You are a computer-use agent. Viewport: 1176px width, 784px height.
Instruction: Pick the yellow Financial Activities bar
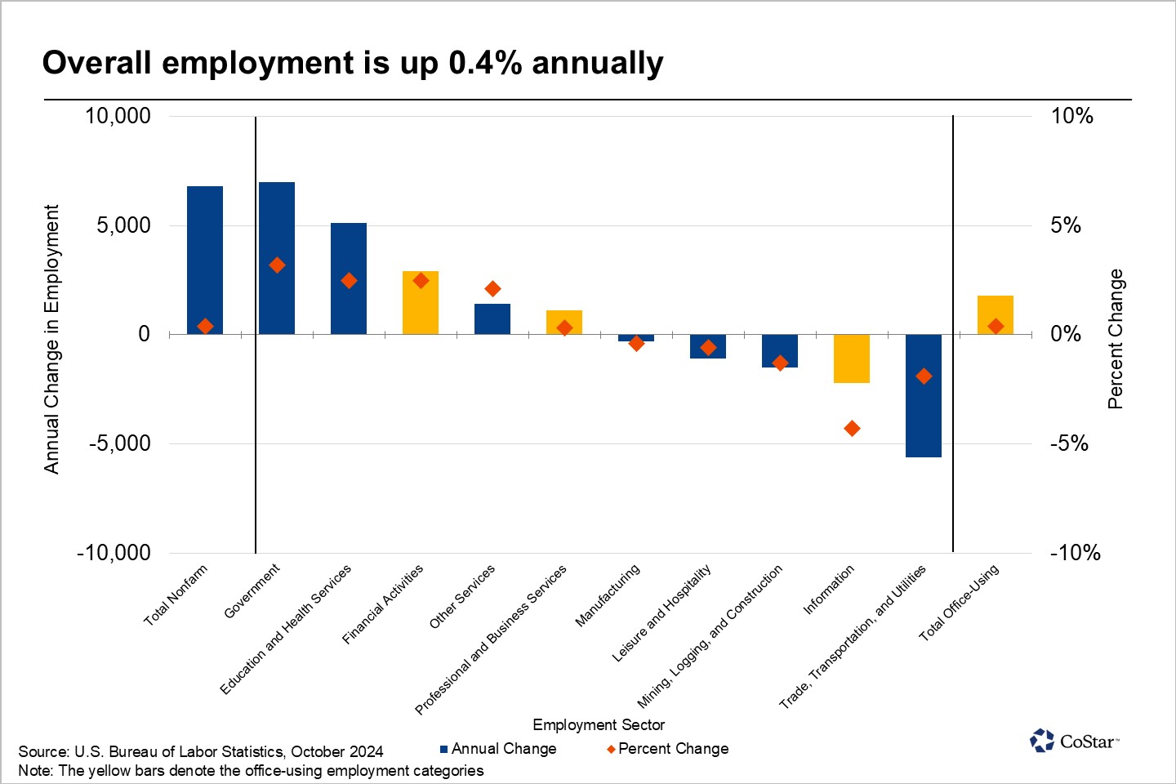pyautogui.click(x=421, y=310)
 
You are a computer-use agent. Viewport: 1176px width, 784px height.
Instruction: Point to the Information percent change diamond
pyautogui.click(x=852, y=428)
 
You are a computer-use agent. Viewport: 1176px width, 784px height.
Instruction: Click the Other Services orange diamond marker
pyautogui.click(x=492, y=288)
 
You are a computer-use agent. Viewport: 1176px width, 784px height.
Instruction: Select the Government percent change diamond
pyautogui.click(x=277, y=265)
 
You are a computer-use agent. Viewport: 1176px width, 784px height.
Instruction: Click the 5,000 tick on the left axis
pyautogui.click(x=124, y=225)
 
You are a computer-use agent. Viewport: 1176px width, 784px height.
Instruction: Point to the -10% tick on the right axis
pyautogui.click(x=1075, y=553)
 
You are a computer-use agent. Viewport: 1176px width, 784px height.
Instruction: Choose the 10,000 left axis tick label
pyautogui.click(x=118, y=116)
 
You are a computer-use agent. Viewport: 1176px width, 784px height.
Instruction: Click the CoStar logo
pyautogui.click(x=1074, y=741)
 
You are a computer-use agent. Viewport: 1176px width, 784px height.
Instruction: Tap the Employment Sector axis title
pyautogui.click(x=599, y=724)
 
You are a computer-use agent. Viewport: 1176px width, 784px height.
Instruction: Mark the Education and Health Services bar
pyautogui.click(x=349, y=278)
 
